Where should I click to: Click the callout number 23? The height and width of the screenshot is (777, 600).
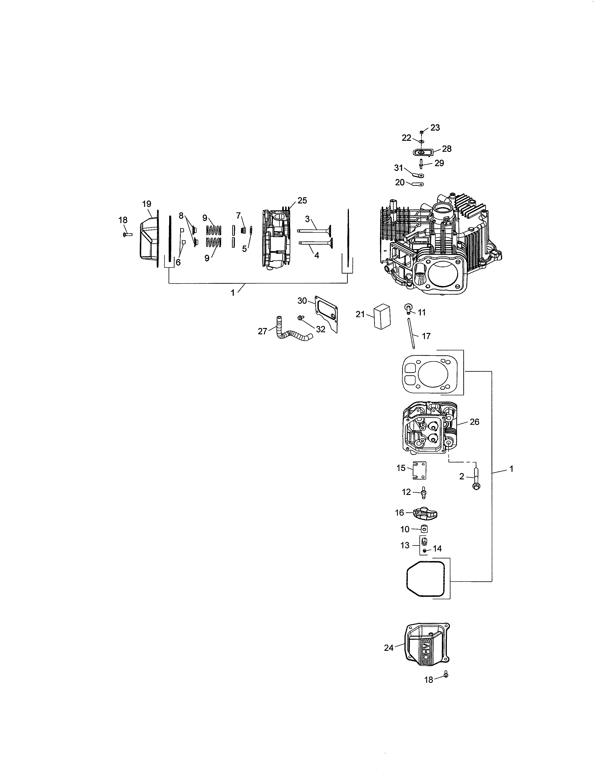[435, 128]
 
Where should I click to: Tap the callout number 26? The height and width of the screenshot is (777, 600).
[475, 422]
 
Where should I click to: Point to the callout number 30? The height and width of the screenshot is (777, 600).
[302, 301]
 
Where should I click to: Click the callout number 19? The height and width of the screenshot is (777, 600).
[146, 204]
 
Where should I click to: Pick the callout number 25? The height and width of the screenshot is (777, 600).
[302, 200]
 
